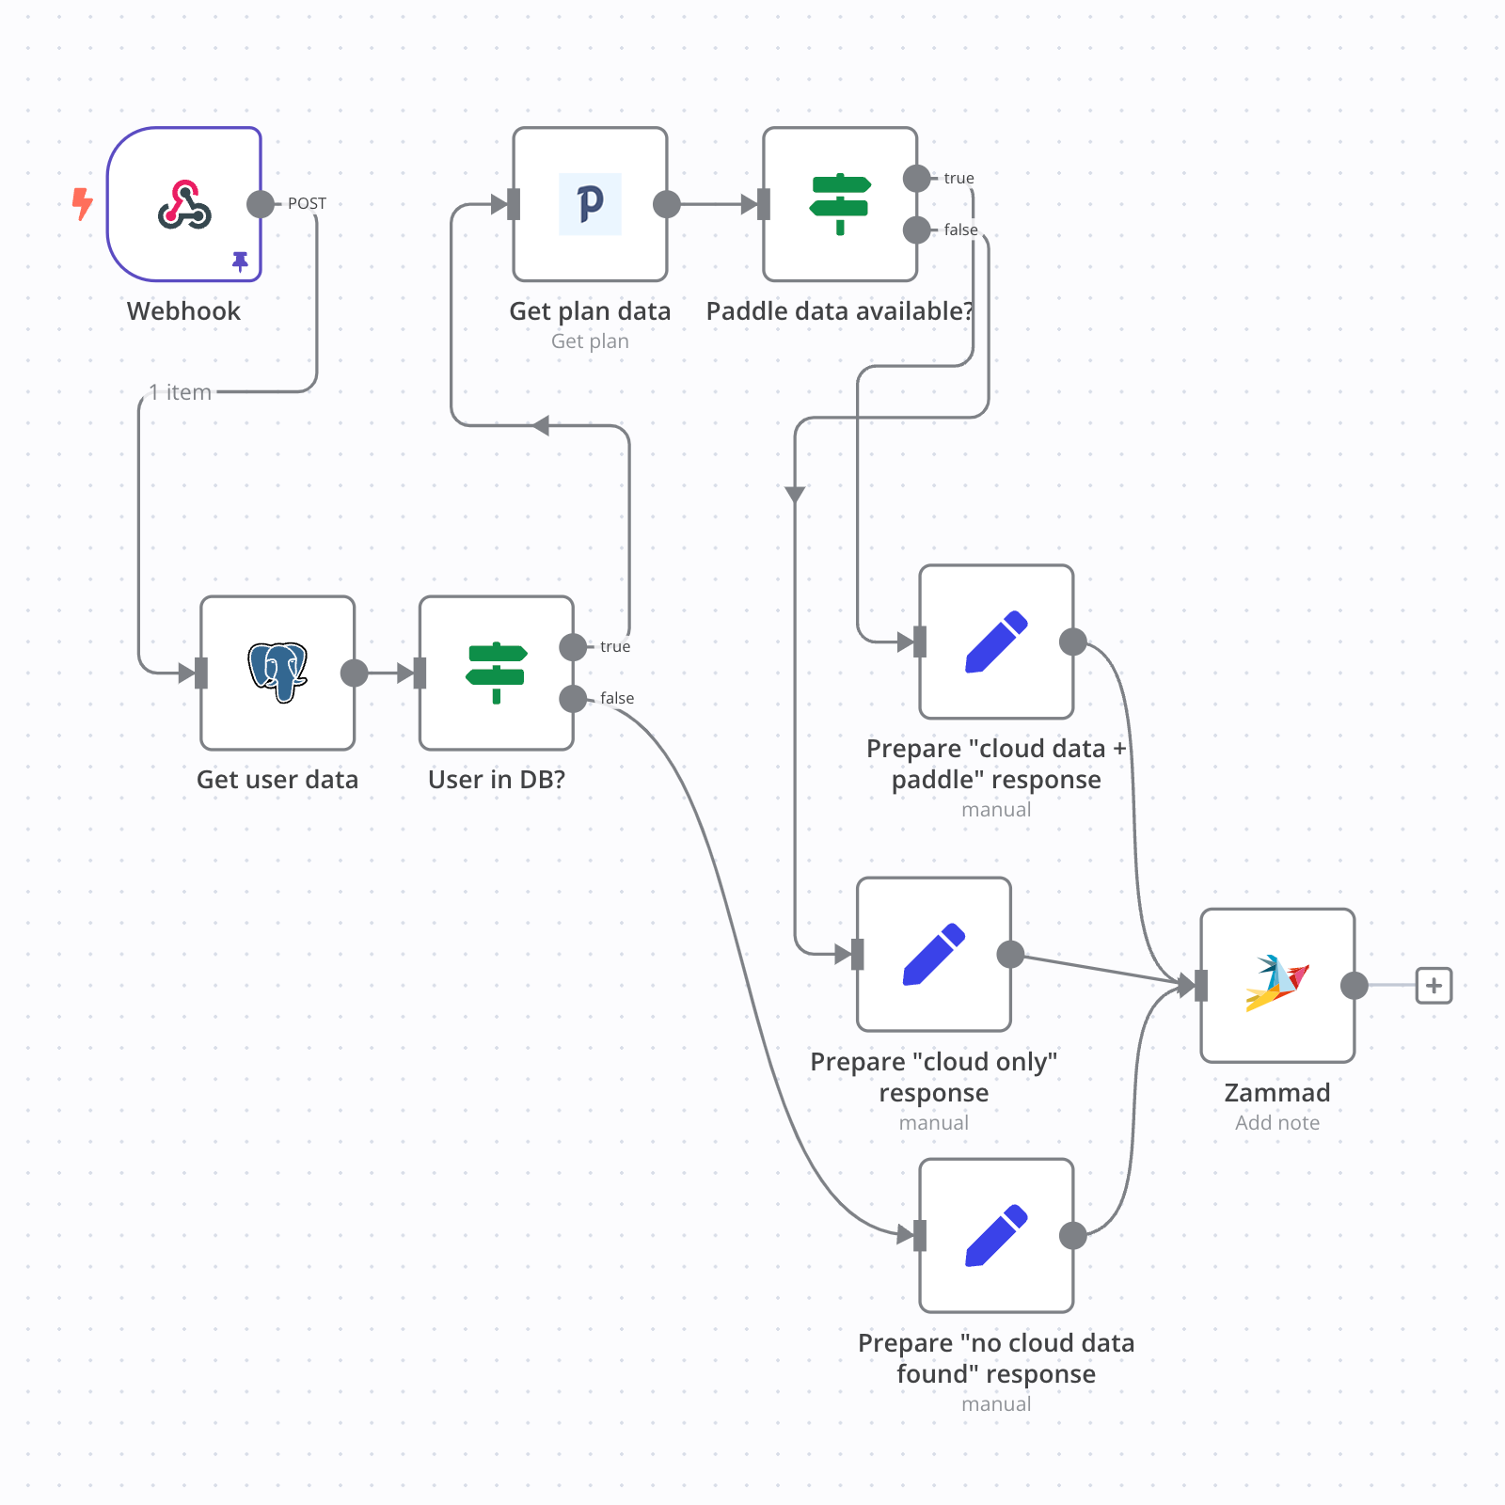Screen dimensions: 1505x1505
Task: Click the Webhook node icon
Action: tap(184, 204)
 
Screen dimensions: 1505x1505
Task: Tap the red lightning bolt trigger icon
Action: tap(83, 203)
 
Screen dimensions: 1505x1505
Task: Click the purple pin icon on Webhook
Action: tap(241, 261)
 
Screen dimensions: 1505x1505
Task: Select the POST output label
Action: tap(307, 203)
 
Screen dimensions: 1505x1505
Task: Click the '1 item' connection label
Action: tap(181, 392)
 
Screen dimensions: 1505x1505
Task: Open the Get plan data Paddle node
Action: tap(590, 204)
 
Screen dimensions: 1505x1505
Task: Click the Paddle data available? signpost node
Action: tap(840, 204)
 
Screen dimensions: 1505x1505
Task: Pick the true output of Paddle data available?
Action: tap(917, 178)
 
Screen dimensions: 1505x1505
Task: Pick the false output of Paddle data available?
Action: tap(917, 230)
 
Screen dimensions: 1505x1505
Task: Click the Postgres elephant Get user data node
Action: tap(277, 673)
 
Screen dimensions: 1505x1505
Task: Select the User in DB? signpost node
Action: tap(497, 673)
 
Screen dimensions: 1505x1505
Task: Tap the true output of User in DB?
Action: tap(573, 646)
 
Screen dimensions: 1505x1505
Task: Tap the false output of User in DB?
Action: tap(573, 698)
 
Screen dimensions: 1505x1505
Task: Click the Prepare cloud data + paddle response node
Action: tap(996, 642)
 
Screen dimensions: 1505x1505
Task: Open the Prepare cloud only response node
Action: tap(934, 954)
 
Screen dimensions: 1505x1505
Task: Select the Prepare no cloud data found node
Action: tap(996, 1235)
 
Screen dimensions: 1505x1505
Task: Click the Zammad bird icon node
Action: tap(1277, 985)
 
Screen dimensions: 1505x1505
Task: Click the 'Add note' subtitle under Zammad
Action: tap(1277, 1122)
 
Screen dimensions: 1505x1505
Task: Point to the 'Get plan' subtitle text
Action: tap(590, 341)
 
